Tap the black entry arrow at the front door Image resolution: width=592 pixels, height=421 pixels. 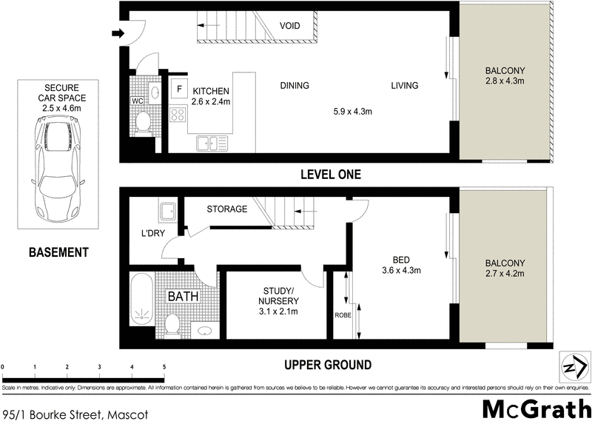click(117, 33)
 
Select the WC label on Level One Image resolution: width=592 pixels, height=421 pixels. click(137, 101)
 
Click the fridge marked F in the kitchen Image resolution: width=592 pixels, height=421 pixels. click(179, 89)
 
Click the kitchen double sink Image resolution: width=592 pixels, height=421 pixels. click(210, 143)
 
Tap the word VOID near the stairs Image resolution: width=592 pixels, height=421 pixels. click(289, 26)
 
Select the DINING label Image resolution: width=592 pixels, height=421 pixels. click(294, 86)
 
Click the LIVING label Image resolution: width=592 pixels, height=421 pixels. click(405, 86)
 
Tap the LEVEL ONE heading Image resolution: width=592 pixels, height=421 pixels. click(330, 175)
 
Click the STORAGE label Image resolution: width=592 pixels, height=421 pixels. click(226, 209)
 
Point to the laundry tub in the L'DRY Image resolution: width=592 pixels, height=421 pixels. click(168, 212)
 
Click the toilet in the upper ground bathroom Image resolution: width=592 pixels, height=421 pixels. click(172, 324)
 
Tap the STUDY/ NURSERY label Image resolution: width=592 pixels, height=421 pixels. click(278, 296)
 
